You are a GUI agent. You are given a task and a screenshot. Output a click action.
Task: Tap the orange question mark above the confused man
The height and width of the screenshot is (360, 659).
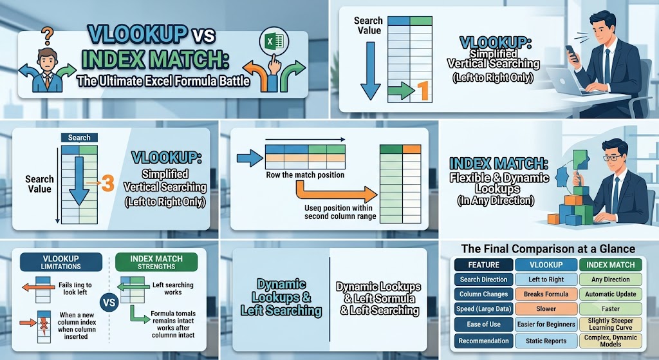[48, 36]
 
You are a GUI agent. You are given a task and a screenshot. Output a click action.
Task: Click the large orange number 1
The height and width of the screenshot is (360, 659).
[423, 91]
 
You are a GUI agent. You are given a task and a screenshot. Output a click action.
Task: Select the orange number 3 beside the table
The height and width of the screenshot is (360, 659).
[107, 184]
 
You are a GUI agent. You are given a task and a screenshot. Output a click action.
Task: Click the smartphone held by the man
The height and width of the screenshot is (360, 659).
[571, 54]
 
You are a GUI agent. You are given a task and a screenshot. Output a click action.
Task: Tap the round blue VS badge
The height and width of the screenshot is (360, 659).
[109, 302]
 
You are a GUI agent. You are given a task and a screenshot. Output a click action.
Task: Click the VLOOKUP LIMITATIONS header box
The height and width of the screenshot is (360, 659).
[61, 262]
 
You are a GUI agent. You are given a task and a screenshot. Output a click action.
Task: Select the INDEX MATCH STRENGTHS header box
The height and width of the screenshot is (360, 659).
[156, 262]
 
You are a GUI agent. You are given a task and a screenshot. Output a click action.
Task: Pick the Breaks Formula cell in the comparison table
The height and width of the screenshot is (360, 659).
[546, 294]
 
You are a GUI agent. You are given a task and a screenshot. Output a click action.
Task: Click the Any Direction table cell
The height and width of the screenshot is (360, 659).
[610, 279]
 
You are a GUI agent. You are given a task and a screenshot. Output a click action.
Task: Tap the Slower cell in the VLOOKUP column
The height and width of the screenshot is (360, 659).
[546, 309]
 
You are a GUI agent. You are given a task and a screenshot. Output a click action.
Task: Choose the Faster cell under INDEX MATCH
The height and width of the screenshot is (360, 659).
[610, 309]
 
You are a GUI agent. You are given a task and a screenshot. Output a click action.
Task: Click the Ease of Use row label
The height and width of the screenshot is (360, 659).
[484, 324]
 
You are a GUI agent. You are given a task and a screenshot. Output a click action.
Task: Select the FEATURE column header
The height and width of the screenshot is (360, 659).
[484, 265]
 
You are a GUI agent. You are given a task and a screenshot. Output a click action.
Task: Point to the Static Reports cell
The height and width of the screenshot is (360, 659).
[546, 341]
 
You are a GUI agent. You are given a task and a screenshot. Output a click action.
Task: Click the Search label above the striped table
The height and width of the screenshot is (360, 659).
[79, 138]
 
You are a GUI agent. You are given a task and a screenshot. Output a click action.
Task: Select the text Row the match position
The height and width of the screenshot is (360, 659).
[305, 175]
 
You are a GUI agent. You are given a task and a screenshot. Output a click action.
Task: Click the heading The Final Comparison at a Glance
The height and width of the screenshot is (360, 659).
[548, 249]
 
